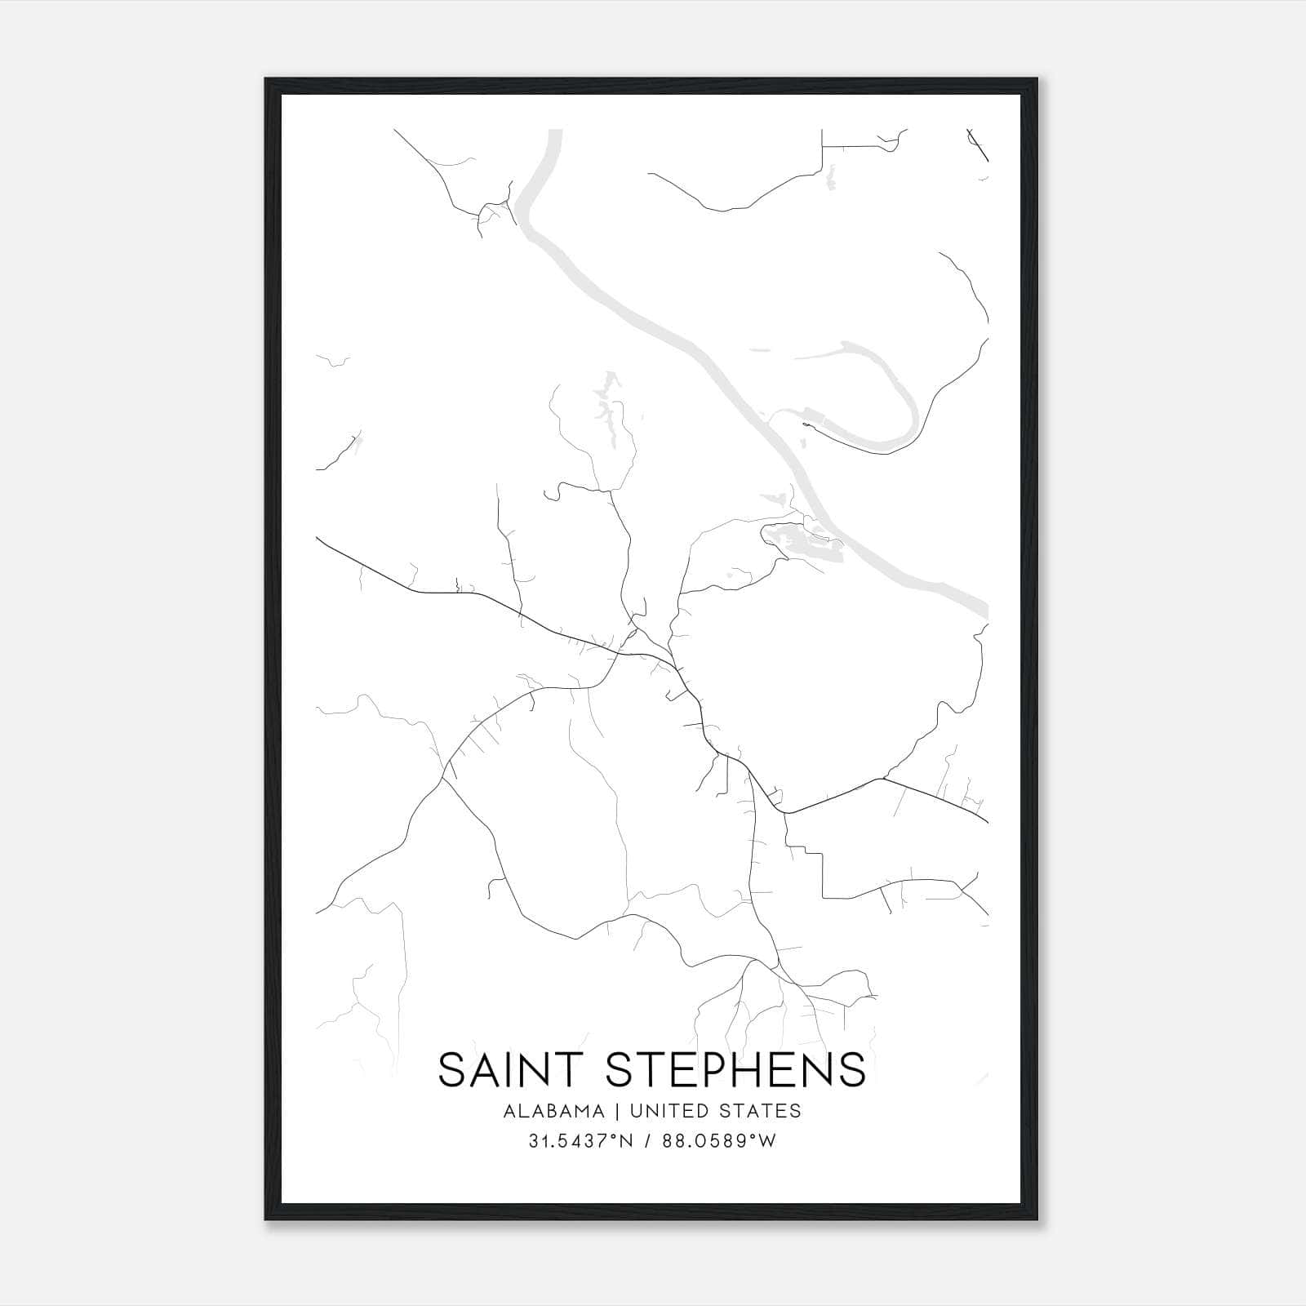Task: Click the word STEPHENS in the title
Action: (735, 1069)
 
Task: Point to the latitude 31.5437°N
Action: (580, 1141)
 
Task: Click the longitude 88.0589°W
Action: (721, 1141)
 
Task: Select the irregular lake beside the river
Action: (800, 543)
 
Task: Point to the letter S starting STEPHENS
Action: (623, 1069)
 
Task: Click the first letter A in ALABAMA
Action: (509, 1111)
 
